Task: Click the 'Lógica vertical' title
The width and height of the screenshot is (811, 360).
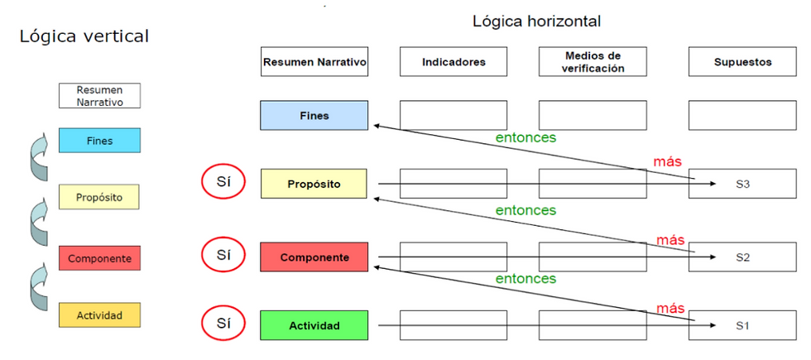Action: pos(84,36)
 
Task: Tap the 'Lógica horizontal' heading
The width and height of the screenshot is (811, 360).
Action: pos(536,22)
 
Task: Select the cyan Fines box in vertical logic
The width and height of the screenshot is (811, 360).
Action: pos(99,141)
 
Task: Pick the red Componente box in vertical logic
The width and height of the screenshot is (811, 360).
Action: pos(99,258)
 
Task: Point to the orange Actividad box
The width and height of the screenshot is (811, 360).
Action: pos(99,315)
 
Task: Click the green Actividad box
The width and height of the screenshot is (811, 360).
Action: pos(314,325)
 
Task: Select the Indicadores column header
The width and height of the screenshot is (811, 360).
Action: pos(453,62)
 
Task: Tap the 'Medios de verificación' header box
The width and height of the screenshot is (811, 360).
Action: pos(592,62)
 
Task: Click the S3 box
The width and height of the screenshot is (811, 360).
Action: pos(741,184)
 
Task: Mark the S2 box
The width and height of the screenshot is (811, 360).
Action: pos(741,257)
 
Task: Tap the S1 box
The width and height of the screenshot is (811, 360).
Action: pos(741,325)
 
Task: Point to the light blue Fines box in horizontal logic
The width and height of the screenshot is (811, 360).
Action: pos(314,116)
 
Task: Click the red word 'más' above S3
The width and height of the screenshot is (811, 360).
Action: pos(668,161)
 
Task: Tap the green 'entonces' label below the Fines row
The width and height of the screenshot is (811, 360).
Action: pos(525,137)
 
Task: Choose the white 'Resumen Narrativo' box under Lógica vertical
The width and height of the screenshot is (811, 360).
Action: pos(99,95)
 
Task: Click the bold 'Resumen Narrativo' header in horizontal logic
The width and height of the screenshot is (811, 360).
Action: pos(314,62)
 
